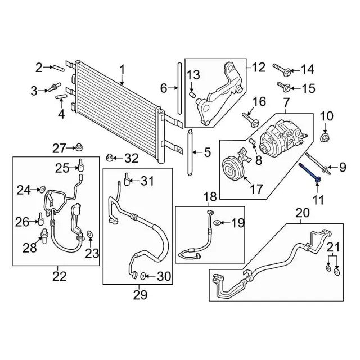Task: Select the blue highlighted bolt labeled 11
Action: [313, 172]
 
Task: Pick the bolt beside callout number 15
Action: [283, 87]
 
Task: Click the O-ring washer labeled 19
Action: [218, 223]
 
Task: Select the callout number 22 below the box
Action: [59, 276]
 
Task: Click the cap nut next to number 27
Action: [80, 148]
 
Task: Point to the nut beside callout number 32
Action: [110, 156]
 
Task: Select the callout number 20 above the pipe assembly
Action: [302, 213]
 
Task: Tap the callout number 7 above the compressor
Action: [285, 103]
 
